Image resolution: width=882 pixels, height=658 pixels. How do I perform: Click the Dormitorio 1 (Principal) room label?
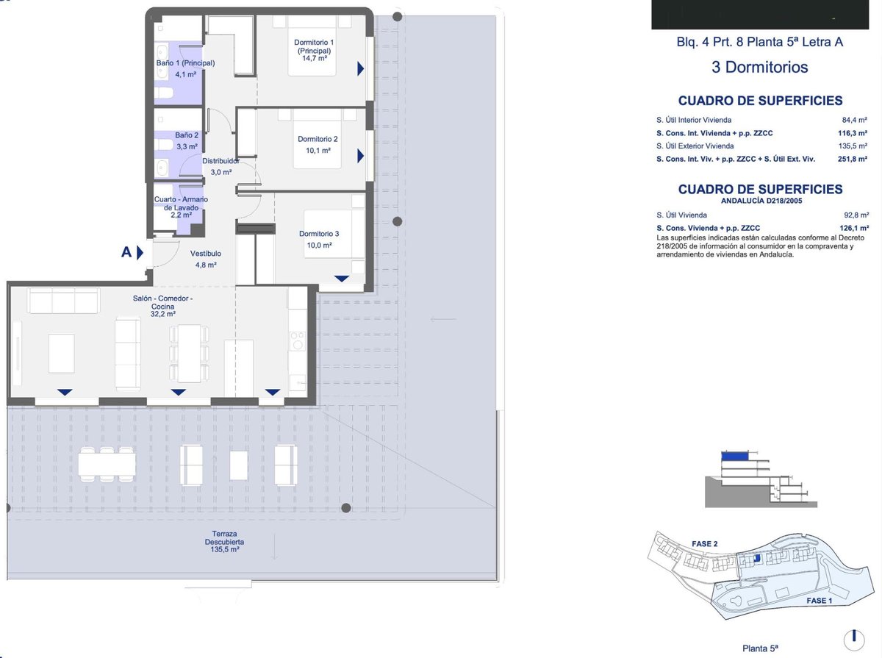point(314,46)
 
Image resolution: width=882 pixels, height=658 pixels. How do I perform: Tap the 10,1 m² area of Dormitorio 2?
point(318,151)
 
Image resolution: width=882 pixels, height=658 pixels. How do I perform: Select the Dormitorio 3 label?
point(319,234)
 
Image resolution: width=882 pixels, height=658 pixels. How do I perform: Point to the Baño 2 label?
point(187,135)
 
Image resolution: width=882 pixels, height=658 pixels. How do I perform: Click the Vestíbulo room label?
point(206,254)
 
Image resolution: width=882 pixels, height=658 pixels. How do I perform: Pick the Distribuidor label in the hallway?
point(220,161)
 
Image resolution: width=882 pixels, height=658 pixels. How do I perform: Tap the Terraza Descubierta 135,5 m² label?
point(224,541)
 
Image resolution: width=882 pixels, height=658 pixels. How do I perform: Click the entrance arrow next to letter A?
point(140,253)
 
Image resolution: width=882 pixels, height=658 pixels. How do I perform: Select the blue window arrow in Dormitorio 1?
point(360,68)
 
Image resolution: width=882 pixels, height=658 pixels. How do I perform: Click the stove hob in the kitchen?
point(298,340)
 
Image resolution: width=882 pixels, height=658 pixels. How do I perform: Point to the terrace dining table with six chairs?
point(107,464)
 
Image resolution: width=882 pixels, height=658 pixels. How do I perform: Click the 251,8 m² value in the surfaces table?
point(853,159)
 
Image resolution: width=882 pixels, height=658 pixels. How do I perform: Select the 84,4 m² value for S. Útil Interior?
point(854,120)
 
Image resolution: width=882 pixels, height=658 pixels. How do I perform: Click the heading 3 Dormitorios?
point(759,67)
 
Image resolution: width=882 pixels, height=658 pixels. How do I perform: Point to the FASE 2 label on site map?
point(704,544)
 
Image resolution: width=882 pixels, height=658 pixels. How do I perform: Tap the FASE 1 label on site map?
point(820,601)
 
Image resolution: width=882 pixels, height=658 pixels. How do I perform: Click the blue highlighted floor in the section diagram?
point(734,457)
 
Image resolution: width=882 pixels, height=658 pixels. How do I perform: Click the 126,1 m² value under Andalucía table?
point(854,228)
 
